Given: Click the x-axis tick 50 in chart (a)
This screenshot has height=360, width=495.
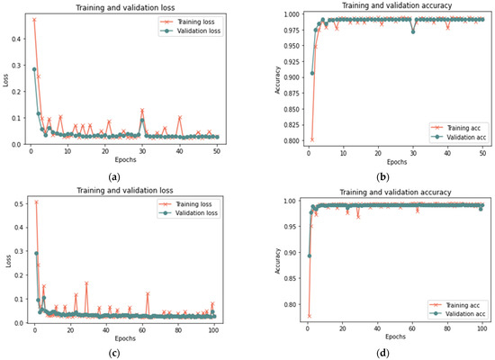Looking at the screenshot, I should tap(217, 150).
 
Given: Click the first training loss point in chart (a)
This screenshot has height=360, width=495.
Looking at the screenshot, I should tap(34, 20).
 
